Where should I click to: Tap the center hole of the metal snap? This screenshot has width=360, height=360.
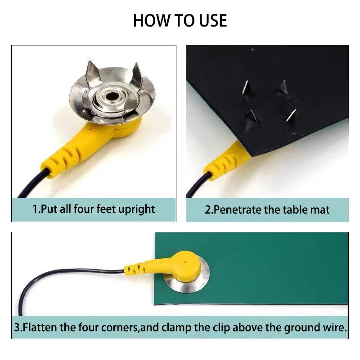tap(109, 95)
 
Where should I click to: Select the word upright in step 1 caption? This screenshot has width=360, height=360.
tap(136, 209)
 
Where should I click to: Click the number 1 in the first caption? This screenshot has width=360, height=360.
tap(36, 209)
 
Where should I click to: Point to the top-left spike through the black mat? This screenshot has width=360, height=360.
tap(246, 86)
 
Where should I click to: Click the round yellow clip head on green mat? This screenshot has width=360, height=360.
tap(185, 266)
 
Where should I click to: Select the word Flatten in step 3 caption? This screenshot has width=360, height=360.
tap(40, 328)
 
